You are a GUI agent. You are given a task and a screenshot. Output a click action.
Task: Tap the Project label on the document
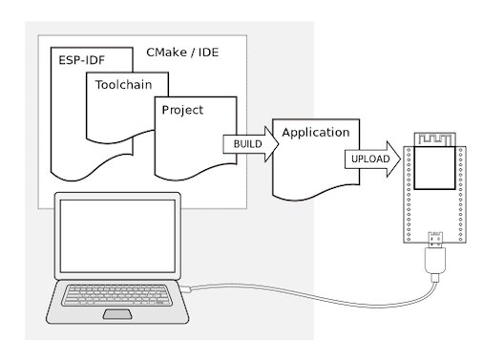(182, 110)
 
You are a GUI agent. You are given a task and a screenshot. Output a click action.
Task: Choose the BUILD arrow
(250, 144)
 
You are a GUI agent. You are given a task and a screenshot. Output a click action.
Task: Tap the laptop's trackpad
(118, 314)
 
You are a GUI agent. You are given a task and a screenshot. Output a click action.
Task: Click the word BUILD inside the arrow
(246, 144)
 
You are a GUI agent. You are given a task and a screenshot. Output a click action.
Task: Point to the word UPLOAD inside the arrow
(367, 159)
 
